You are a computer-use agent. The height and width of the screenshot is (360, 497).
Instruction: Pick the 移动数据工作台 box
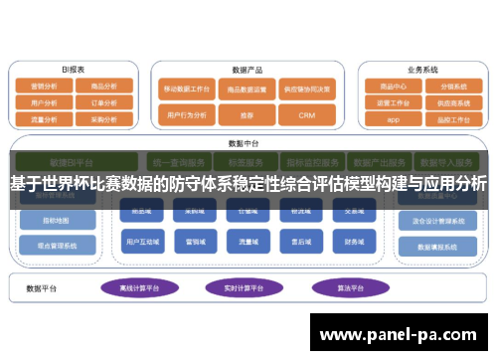click(188, 89)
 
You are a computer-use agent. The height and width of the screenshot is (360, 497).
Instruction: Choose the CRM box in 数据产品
click(306, 115)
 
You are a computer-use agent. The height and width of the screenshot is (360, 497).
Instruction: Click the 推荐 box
click(247, 115)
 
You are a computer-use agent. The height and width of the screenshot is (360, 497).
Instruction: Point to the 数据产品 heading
click(247, 70)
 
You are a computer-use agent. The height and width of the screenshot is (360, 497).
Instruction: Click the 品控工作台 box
click(452, 118)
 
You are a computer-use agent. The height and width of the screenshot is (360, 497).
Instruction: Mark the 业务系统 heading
click(422, 70)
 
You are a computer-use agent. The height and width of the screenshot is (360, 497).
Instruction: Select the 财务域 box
click(353, 242)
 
